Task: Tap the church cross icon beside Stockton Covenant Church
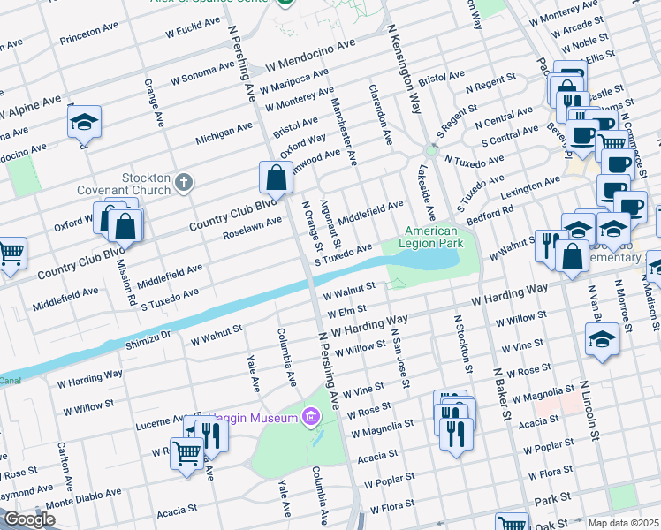coord(183,184)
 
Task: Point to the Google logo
coord(29,519)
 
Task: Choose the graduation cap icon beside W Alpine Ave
coord(84,122)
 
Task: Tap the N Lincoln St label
coord(590,412)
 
